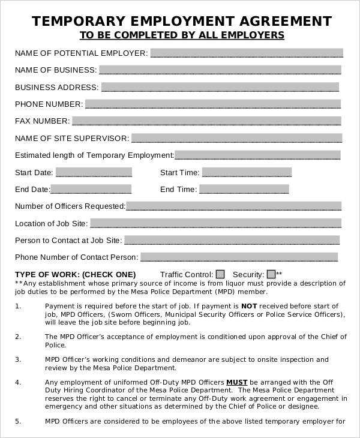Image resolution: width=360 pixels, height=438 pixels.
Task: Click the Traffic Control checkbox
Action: coord(220,274)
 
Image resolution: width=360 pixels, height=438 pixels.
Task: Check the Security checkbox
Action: coord(271,274)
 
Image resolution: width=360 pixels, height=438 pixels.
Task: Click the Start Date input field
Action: coord(94,172)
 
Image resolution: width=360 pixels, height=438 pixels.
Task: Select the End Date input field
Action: coord(91,189)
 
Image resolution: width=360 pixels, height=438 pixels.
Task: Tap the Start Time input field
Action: coord(247,172)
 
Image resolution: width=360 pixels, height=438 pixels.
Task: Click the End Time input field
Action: coord(244,189)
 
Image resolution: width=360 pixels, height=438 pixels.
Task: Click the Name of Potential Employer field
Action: coord(247,52)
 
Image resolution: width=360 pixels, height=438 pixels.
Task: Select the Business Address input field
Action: coord(220,86)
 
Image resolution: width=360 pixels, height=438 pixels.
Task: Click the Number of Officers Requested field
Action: coord(233,206)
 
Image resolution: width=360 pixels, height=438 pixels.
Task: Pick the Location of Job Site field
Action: coord(215,223)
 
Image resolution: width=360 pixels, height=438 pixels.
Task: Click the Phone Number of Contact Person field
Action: coord(239,257)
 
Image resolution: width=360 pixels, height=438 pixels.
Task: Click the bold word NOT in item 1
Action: coord(249,306)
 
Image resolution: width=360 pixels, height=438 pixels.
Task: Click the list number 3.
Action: coord(17,359)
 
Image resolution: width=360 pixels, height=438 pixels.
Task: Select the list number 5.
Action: coord(17,421)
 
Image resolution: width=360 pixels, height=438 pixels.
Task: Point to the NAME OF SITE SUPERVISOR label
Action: coord(71,138)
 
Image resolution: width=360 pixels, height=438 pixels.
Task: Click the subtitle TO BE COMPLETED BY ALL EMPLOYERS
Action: coord(180,35)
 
